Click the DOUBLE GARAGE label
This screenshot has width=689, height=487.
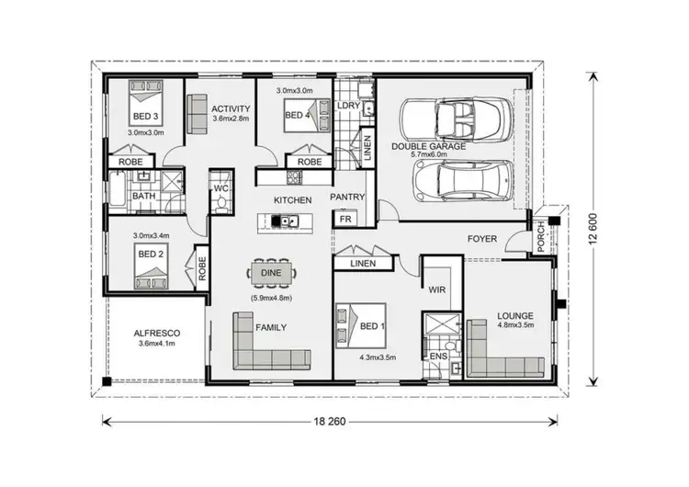[x=429, y=146]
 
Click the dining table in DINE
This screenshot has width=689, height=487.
[x=272, y=273]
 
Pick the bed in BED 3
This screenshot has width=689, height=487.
[x=144, y=108]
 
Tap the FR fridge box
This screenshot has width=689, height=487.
[x=345, y=220]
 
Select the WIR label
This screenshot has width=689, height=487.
[x=437, y=289]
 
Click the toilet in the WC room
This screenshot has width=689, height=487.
[x=220, y=203]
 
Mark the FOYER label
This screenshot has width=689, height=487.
[x=482, y=239]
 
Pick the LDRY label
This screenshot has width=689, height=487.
[x=348, y=106]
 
